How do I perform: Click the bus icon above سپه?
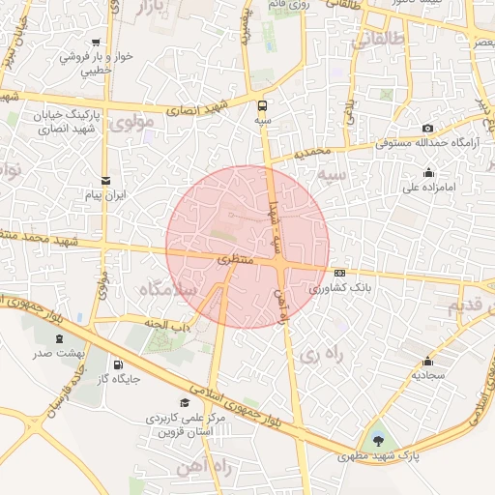[263, 105]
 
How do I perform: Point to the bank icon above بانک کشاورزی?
[339, 273]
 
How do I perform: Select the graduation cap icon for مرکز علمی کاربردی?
[185, 401]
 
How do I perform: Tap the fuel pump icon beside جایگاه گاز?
[119, 364]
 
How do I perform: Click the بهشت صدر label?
[61, 354]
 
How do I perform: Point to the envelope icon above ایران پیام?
[105, 180]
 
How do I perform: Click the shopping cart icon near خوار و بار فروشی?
[97, 43]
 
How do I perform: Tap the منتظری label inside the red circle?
[233, 261]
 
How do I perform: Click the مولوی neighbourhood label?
[133, 123]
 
